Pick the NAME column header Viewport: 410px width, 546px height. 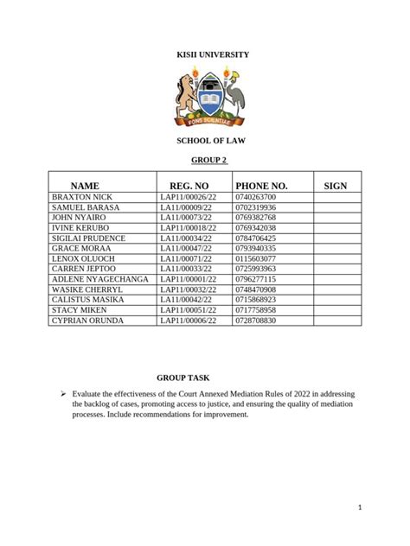click(x=85, y=186)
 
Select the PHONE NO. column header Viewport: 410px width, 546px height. click(x=260, y=186)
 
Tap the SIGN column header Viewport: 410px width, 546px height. click(x=335, y=186)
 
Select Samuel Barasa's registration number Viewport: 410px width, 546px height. click(x=185, y=208)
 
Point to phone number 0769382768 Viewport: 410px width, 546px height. click(x=255, y=218)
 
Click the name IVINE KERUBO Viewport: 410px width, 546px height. click(x=80, y=228)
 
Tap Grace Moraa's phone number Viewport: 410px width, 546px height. click(x=255, y=249)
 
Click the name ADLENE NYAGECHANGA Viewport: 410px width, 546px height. click(x=100, y=279)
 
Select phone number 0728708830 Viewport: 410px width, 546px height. click(x=255, y=321)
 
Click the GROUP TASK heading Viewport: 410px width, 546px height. click(x=183, y=378)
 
